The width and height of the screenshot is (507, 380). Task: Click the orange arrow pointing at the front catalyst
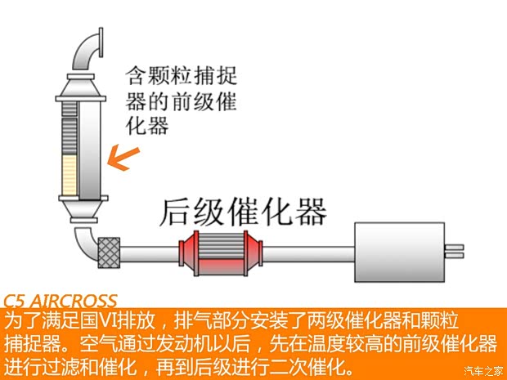click(123, 158)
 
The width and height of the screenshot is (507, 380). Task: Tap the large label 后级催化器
click(243, 212)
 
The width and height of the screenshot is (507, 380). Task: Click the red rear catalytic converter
click(221, 253)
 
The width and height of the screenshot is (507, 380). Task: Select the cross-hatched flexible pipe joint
click(109, 253)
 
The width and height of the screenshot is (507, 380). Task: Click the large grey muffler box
click(400, 252)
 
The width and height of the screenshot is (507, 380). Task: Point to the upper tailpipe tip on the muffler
click(455, 248)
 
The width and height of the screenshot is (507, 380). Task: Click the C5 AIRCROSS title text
click(61, 302)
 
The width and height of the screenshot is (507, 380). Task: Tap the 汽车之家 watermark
click(484, 371)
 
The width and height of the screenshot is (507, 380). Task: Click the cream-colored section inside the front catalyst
click(70, 175)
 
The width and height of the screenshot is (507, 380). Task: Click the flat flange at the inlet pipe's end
click(101, 42)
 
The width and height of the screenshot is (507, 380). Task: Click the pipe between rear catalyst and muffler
click(309, 254)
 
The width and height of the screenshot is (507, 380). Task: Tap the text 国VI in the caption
click(99, 320)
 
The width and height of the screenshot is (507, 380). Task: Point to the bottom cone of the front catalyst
click(83, 209)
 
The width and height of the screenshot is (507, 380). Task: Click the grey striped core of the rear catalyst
click(222, 246)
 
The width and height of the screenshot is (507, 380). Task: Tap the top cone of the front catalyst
click(81, 87)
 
